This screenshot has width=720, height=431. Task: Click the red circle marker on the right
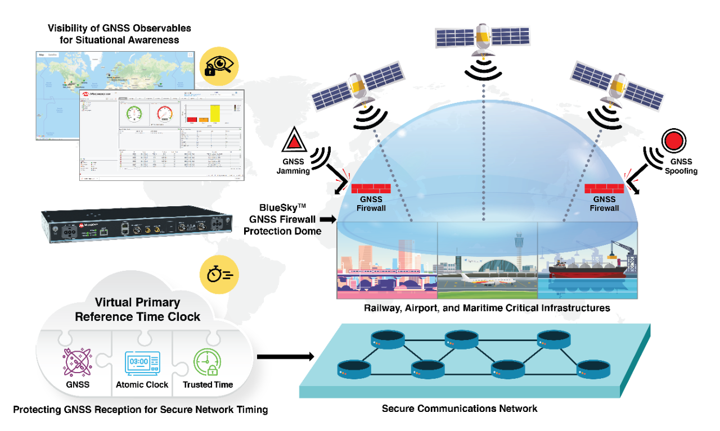673,140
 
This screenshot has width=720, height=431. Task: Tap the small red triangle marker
294,142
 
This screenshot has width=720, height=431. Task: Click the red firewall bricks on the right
604,188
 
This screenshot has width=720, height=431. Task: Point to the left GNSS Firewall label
371,203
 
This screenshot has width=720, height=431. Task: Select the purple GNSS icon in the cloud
78,364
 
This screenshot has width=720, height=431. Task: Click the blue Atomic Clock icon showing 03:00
142,364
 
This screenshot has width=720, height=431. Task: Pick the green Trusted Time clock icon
206,363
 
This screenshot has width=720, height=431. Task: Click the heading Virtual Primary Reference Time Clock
137,310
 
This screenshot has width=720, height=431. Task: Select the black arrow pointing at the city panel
327,219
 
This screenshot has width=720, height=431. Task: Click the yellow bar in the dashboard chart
215,113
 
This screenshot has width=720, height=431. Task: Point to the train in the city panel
382,273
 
